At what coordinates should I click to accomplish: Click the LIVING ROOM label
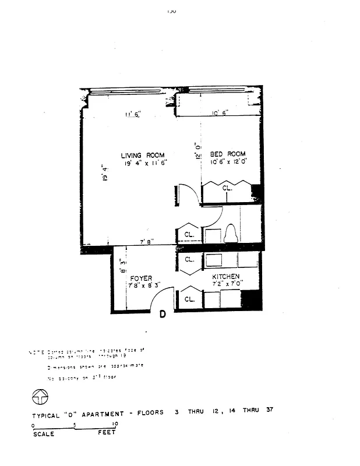143,155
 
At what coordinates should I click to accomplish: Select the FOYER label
141,278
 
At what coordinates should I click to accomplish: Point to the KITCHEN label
226,277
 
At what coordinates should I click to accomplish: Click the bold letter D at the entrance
163,315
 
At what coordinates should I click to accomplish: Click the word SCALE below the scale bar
43,433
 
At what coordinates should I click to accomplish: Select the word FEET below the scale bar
107,433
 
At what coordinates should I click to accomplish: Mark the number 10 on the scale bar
115,423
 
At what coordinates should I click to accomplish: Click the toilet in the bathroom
230,233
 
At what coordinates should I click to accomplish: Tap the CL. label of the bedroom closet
227,189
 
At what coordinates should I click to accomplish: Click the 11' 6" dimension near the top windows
133,114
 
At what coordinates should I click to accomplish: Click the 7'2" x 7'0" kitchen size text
227,284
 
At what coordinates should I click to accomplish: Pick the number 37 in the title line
269,409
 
